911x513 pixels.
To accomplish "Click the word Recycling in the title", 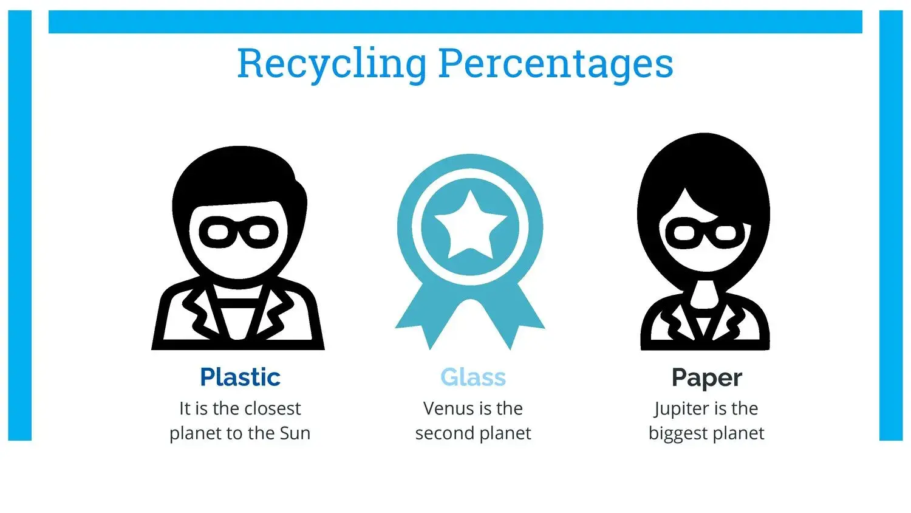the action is (332, 65).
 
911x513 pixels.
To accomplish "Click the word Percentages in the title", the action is (556, 65).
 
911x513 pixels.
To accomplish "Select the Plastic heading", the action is (240, 377).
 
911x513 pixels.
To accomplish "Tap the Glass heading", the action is (473, 377).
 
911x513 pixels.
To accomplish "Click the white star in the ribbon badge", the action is (471, 225).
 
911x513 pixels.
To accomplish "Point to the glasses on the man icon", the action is (239, 232).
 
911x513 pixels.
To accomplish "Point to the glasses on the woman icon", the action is (705, 233).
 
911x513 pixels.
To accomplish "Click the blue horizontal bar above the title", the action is (455, 22).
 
